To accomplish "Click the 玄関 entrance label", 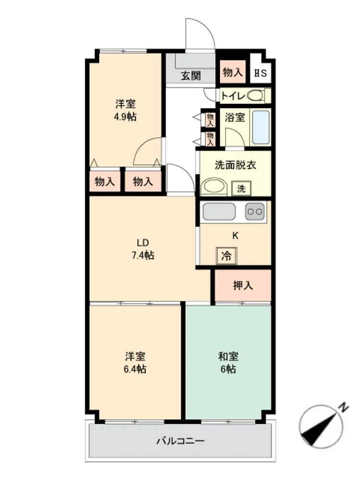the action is (191, 75).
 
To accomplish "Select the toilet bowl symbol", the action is (255, 96).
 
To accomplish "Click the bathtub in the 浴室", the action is (261, 127).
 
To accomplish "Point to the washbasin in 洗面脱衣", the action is (214, 186).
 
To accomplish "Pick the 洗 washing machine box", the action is (241, 189).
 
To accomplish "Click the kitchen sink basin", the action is (219, 211).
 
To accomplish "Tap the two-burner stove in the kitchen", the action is (255, 211).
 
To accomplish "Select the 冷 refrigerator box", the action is (226, 256).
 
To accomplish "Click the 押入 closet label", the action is (243, 285).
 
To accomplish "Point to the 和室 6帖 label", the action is (228, 363).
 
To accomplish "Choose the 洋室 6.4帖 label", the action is (135, 363).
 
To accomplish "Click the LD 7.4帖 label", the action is (143, 249).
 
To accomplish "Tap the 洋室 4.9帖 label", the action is (125, 110).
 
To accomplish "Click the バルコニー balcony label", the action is (180, 441).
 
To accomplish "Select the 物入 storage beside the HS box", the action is (233, 72).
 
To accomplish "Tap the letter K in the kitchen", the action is (235, 235).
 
